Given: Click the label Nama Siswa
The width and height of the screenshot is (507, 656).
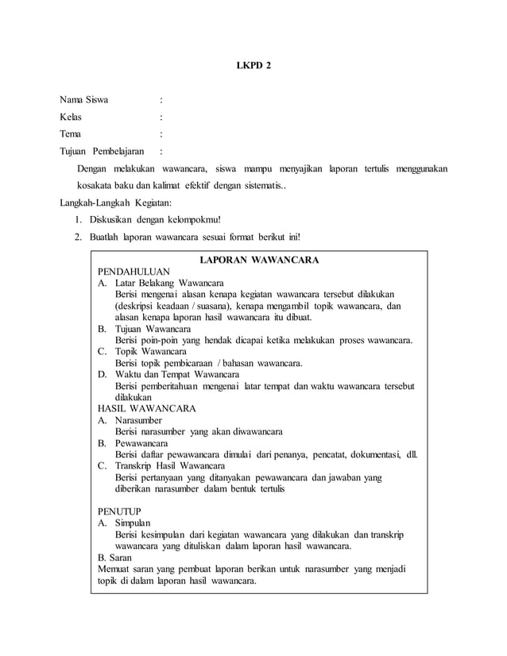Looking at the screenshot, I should (x=86, y=100).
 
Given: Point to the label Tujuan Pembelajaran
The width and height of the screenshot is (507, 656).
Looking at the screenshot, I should (x=98, y=151).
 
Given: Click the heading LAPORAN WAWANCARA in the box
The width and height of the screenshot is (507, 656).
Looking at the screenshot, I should (x=259, y=260).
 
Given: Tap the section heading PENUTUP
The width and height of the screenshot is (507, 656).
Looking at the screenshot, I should (x=118, y=512).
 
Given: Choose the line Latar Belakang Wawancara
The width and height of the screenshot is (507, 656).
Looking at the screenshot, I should (x=168, y=283).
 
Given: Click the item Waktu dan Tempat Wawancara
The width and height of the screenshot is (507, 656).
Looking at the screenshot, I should (x=172, y=373).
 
